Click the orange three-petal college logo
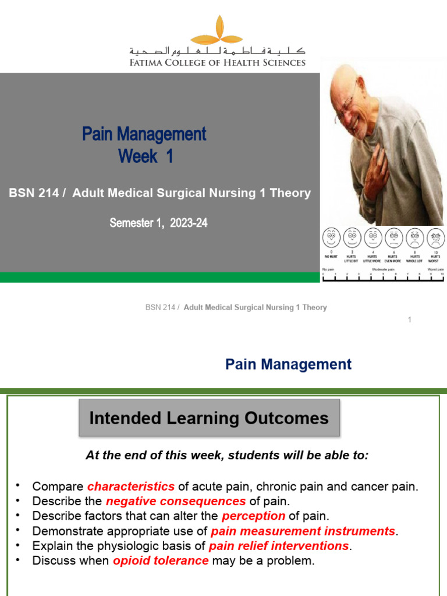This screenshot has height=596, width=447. pyautogui.click(x=218, y=31)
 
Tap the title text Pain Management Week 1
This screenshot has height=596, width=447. pyautogui.click(x=144, y=145)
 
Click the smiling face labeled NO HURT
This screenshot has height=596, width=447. pyautogui.click(x=332, y=237)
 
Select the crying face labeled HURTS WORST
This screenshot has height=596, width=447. pyautogui.click(x=435, y=237)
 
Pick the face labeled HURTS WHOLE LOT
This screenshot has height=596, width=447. pyautogui.click(x=414, y=237)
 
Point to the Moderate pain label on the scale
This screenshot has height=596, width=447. pyautogui.click(x=384, y=269)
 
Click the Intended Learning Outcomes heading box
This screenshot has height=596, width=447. pyautogui.click(x=209, y=418)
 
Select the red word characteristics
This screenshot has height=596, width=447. pyautogui.click(x=131, y=487)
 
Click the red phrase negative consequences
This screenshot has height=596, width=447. pyautogui.click(x=176, y=501)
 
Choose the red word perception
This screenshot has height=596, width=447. pyautogui.click(x=253, y=516)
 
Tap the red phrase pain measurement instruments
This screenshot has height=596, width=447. pyautogui.click(x=303, y=531)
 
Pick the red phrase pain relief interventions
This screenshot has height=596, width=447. pyautogui.click(x=278, y=546)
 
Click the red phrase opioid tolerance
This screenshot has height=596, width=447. pyautogui.click(x=161, y=561)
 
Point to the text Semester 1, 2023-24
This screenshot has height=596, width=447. pyautogui.click(x=158, y=223)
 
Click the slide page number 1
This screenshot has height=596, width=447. pyautogui.click(x=410, y=320)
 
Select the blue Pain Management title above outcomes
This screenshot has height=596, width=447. pyautogui.click(x=288, y=364)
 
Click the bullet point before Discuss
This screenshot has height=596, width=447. pyautogui.click(x=18, y=560)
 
